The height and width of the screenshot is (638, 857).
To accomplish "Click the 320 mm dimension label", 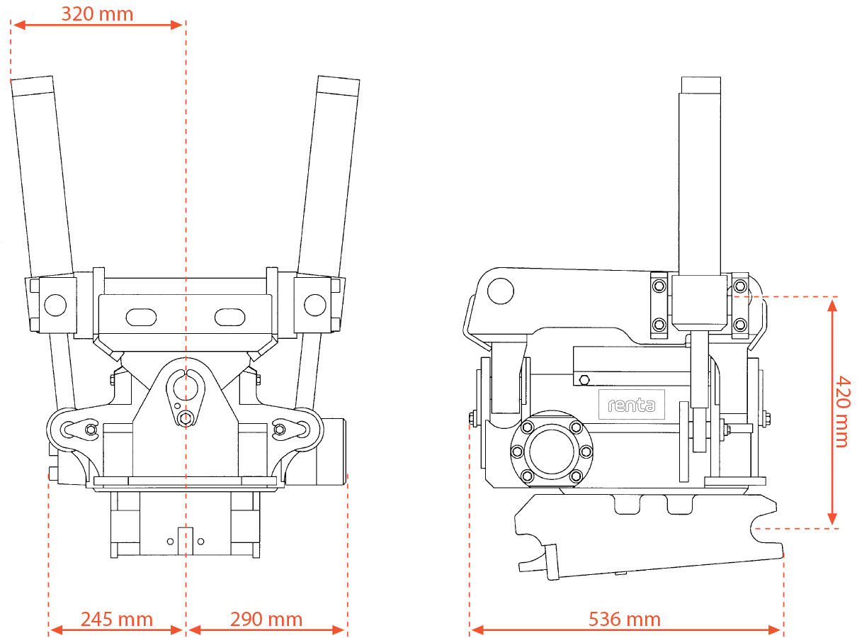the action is (x=97, y=14).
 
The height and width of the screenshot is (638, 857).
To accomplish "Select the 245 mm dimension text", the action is (x=117, y=620).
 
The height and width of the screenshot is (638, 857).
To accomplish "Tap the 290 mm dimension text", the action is (x=266, y=620).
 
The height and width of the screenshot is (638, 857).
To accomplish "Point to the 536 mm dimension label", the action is (x=625, y=620).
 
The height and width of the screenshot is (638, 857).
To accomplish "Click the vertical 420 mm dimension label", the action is (x=843, y=411).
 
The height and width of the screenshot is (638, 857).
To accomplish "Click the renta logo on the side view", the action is (x=631, y=405).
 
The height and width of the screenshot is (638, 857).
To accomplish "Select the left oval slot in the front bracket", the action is (x=141, y=318).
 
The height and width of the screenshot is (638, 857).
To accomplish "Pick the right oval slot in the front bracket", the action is (x=230, y=318).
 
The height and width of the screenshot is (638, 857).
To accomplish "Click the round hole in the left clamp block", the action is (x=55, y=305).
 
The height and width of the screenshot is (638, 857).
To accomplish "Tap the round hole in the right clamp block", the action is (x=315, y=305).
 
